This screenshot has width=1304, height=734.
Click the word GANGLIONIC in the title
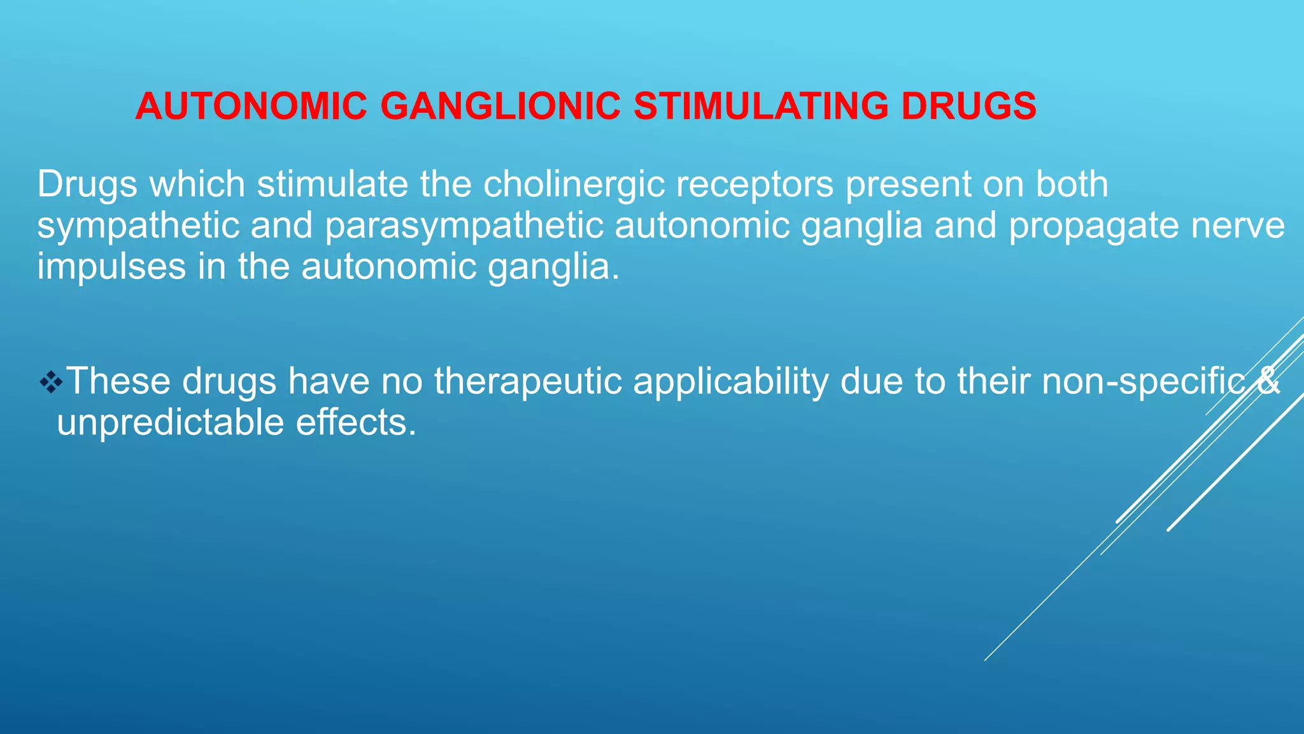pos(500,106)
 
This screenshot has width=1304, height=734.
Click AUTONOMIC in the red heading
pos(252,106)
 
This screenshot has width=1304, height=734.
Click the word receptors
pos(755,185)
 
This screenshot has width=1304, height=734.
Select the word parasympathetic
pos(464,226)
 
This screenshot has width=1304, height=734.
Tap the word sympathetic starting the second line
pos(138,226)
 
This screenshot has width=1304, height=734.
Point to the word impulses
pos(111,267)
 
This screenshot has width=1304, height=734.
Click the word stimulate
pos(332,185)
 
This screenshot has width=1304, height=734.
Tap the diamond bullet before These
pos(50,382)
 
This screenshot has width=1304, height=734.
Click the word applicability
pos(731,382)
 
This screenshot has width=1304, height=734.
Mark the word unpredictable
pos(170,422)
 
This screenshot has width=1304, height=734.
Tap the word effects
pos(356,422)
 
